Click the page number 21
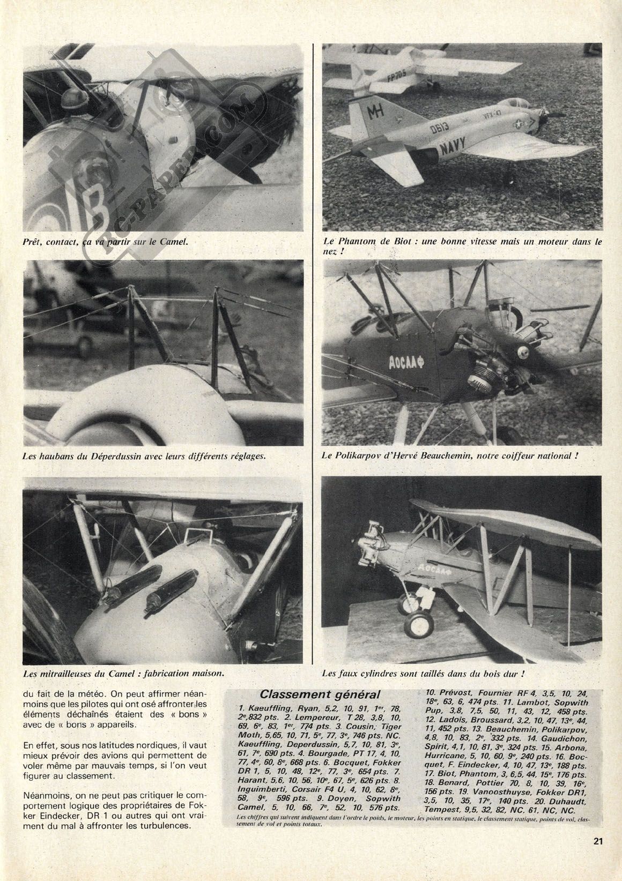(x=598, y=856)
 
